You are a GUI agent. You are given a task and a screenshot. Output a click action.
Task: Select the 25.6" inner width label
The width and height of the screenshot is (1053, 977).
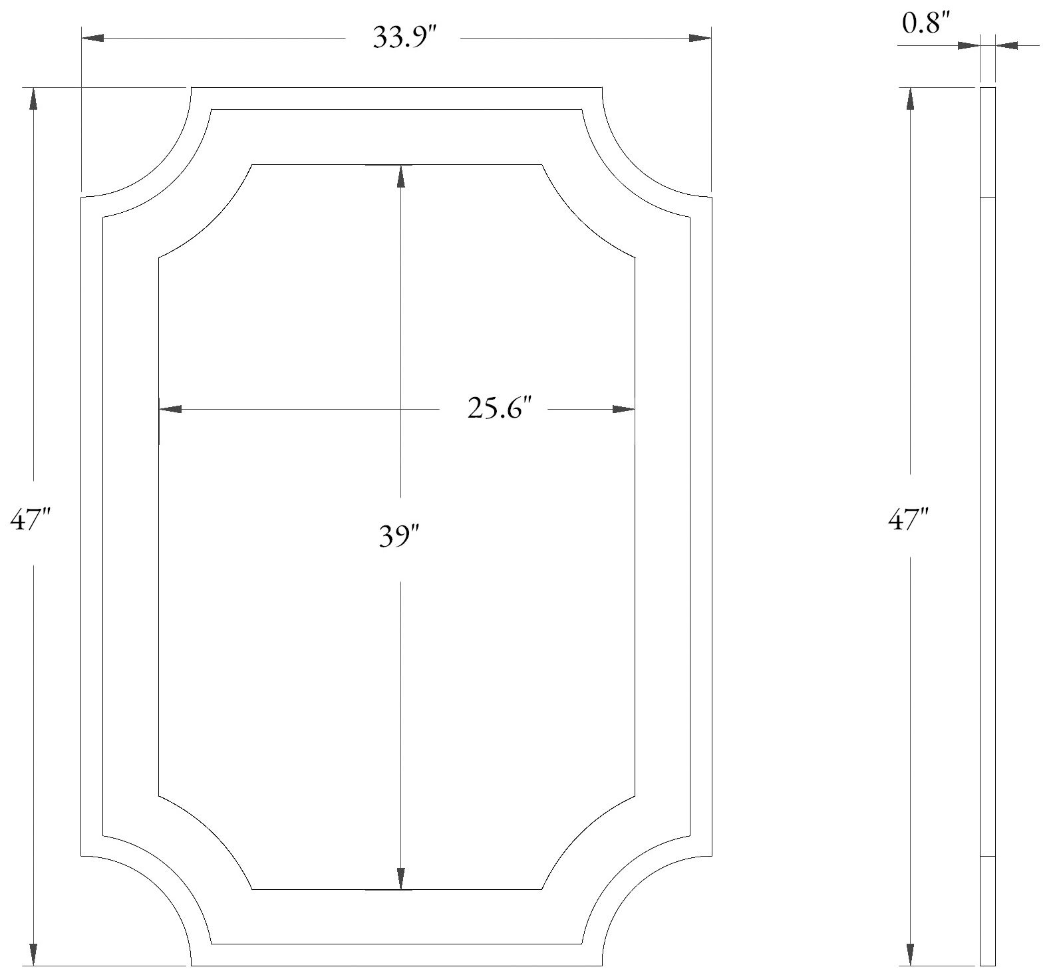click(500, 408)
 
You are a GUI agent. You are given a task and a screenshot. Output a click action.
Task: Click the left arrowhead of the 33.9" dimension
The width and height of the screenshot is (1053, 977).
click(93, 38)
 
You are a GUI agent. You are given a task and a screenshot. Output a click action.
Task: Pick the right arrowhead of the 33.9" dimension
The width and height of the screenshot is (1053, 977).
click(700, 38)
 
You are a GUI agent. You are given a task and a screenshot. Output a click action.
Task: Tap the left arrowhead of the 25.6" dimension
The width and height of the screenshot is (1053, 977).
click(171, 409)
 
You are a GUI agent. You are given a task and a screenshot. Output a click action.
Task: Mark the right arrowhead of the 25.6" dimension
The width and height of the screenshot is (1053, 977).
click(623, 409)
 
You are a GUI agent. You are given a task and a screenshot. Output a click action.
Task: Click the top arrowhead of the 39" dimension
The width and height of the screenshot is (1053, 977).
click(400, 175)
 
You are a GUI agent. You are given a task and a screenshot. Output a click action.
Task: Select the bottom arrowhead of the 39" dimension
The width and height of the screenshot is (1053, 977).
click(400, 878)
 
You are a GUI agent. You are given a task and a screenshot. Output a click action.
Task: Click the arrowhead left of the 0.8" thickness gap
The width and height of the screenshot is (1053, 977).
click(968, 45)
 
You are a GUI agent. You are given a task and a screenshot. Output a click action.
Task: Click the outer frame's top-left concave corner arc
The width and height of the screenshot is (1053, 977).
click(160, 166)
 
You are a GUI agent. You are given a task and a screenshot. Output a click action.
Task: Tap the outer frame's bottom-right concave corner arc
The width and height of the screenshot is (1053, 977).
click(633, 887)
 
